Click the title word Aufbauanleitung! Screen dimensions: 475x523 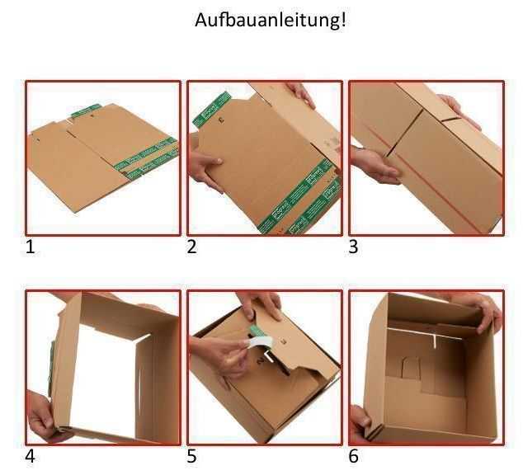(270, 20)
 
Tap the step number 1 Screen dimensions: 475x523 (31, 246)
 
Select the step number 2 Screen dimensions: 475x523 (192, 246)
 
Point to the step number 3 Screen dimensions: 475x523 (354, 246)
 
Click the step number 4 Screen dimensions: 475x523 (31, 455)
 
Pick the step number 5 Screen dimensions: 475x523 (192, 455)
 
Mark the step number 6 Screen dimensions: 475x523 (354, 455)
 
